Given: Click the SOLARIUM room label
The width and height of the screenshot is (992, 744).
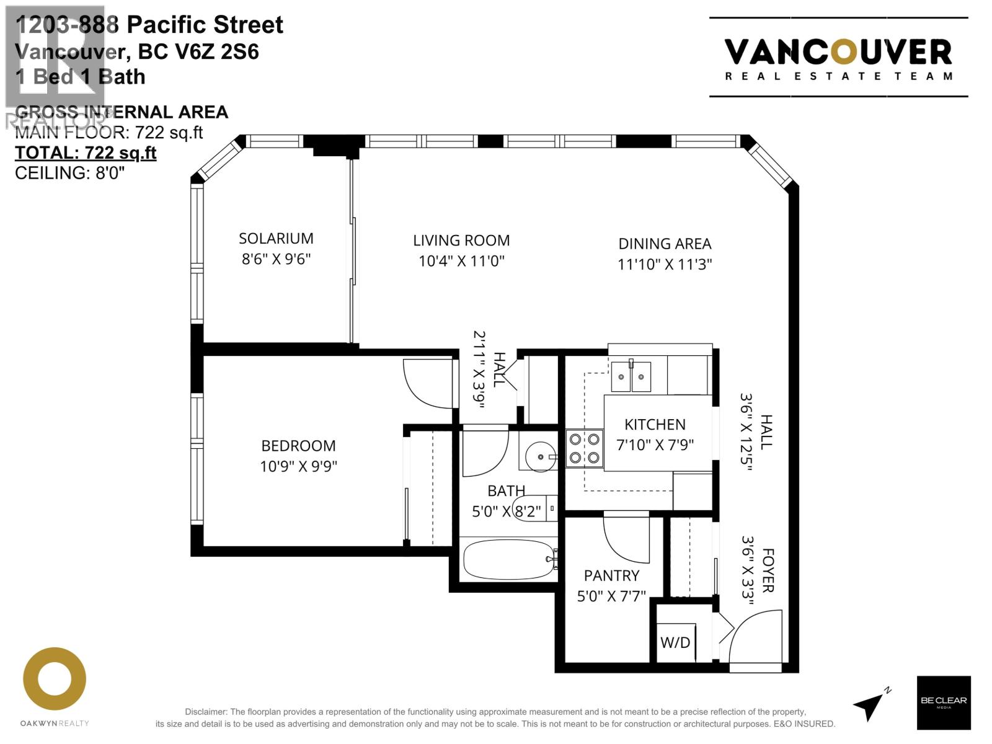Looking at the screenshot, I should click(x=276, y=239).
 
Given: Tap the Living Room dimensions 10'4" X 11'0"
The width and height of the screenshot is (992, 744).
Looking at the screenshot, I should click(x=461, y=261).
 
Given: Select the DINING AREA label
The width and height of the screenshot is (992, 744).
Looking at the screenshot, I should click(x=665, y=244).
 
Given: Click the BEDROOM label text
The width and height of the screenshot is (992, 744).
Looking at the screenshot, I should click(x=298, y=446).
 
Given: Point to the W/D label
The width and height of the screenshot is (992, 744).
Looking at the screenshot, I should click(x=675, y=642).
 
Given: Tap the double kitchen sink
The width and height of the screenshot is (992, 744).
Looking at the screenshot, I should click(x=631, y=377).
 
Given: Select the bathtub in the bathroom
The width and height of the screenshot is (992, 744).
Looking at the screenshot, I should click(x=508, y=559).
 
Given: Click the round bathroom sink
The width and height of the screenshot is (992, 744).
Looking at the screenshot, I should click(x=540, y=457).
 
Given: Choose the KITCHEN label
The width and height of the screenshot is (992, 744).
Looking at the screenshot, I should click(x=655, y=425).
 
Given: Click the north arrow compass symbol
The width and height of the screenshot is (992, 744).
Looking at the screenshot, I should click(x=870, y=705).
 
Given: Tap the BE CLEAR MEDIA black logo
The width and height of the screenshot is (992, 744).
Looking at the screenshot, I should click(x=944, y=702).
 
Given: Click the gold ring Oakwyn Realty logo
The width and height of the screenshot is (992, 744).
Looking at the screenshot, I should click(x=55, y=680).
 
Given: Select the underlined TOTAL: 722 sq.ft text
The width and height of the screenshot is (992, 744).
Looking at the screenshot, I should click(x=86, y=153).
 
